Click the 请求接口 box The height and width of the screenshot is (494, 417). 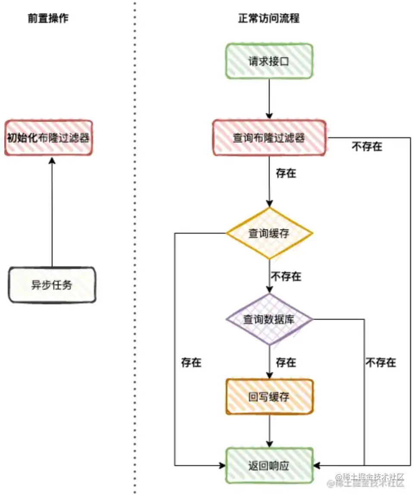pyautogui.click(x=269, y=61)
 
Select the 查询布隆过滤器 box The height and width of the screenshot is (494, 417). pyautogui.click(x=269, y=138)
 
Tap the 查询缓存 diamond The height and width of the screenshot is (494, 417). pyautogui.click(x=269, y=233)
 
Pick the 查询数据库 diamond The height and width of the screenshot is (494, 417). pyautogui.click(x=269, y=319)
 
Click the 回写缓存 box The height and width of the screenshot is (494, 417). pyautogui.click(x=269, y=397)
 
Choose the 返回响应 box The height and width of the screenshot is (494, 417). pyautogui.click(x=269, y=466)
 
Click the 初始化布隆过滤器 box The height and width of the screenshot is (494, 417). pyautogui.click(x=48, y=138)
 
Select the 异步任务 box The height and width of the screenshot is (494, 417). pyautogui.click(x=52, y=285)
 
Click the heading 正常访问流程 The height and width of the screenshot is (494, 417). pyautogui.click(x=269, y=19)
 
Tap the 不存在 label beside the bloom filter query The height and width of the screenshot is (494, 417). pyautogui.click(x=367, y=147)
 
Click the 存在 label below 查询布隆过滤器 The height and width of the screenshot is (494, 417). pyautogui.click(x=286, y=173)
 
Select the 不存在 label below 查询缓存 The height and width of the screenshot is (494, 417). pyautogui.click(x=286, y=276)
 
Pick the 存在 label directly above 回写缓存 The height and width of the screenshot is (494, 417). pyautogui.click(x=286, y=362)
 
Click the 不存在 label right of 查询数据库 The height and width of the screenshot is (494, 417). pyautogui.click(x=381, y=362)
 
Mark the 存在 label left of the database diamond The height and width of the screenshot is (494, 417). pyautogui.click(x=191, y=362)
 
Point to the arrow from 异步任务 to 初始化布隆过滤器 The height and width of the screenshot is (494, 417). pyautogui.click(x=52, y=211)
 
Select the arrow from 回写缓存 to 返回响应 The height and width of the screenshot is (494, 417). pyautogui.click(x=269, y=431)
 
